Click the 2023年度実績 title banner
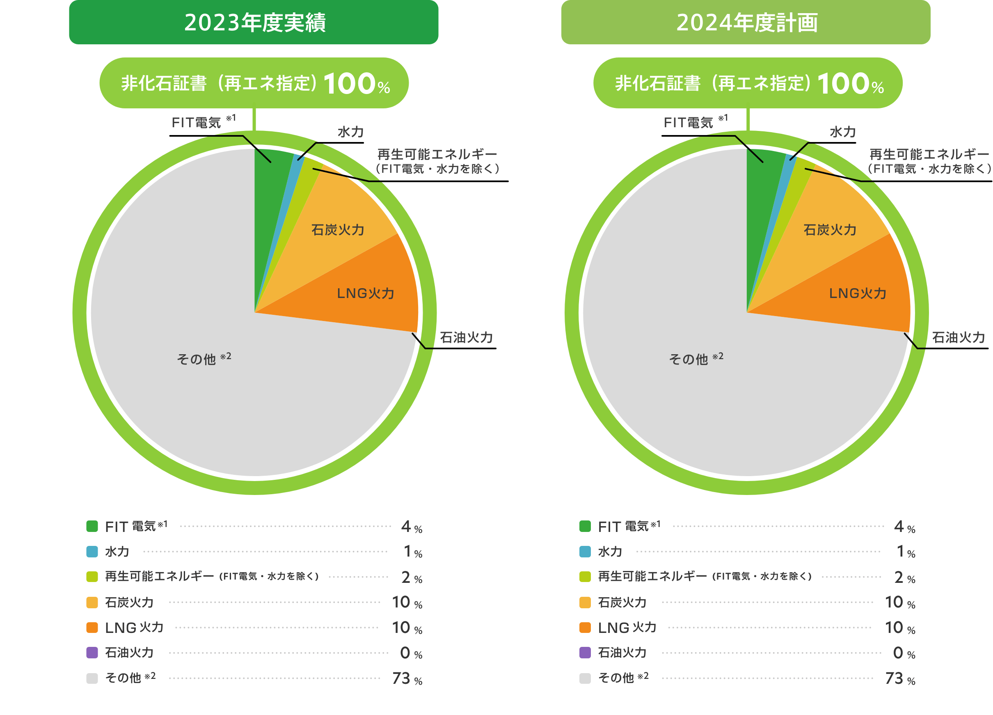254,22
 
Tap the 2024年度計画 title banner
746,22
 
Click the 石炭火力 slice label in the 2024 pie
830,230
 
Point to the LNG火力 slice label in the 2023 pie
366,293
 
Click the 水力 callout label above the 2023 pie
350,132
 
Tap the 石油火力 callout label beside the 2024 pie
958,337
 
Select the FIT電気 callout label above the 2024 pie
689,123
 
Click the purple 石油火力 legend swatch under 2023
92,652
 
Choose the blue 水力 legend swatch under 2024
585,552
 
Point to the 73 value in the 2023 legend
401,678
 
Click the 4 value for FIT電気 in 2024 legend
899,526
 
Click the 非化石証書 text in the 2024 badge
658,83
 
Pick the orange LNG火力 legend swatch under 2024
585,628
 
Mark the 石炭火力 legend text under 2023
129,603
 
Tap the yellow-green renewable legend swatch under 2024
585,577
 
